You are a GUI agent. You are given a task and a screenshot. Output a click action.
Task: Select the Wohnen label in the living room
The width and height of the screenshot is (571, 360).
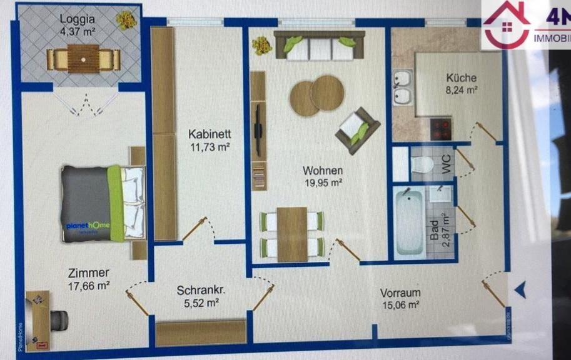(x=322, y=171)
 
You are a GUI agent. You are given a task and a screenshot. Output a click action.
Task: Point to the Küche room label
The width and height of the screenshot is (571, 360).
(x=461, y=78)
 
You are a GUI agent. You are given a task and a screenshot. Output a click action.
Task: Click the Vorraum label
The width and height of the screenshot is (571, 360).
(x=400, y=292)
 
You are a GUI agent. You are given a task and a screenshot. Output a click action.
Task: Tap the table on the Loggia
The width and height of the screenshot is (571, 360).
(x=83, y=59)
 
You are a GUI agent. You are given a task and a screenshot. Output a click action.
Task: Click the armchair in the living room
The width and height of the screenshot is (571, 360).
(x=357, y=130)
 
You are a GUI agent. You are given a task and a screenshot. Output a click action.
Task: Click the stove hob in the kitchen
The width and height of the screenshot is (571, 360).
(x=442, y=129)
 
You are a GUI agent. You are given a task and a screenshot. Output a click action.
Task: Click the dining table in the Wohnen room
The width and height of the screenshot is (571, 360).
(x=292, y=234)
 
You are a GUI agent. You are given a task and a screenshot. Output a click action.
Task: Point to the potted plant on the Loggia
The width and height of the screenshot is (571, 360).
(x=126, y=19)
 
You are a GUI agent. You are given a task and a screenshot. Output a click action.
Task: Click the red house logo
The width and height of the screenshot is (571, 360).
(x=505, y=24)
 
